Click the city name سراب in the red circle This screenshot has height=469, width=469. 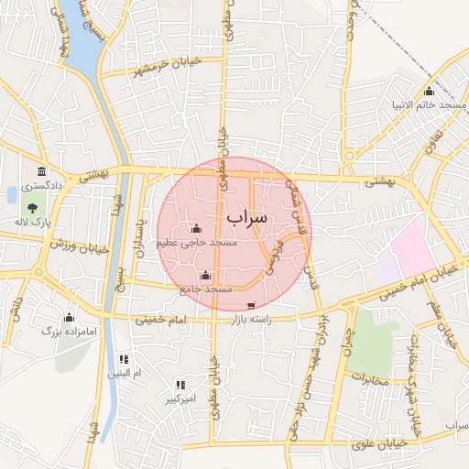(245, 217)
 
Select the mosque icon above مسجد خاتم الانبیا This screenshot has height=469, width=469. (430, 91)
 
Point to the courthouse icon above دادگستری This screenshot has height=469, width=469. (41, 172)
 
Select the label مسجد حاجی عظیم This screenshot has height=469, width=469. (197, 244)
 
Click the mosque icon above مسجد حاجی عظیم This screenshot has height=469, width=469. (195, 229)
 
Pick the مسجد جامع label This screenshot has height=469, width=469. (205, 289)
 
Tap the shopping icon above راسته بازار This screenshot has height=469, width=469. (252, 305)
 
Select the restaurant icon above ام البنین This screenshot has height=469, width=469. (125, 358)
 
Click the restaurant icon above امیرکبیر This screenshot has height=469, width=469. (180, 385)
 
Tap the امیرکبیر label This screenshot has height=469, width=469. (180, 400)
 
